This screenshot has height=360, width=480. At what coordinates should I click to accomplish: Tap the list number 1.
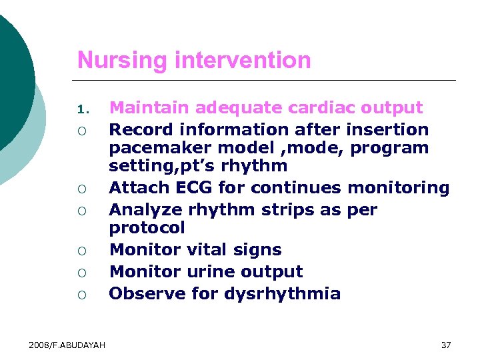81,109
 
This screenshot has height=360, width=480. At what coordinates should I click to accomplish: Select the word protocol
147,228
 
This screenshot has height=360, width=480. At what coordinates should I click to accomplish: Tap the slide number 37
446,345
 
